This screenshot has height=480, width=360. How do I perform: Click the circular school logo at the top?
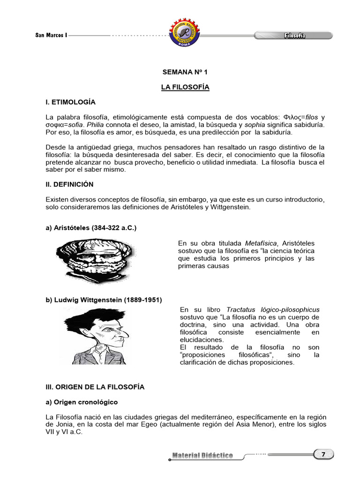[181, 34]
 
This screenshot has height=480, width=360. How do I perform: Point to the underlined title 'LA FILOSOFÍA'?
[185, 87]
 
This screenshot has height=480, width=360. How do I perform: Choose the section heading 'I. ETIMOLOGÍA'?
[70, 102]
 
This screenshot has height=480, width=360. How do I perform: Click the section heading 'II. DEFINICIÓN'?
[69, 184]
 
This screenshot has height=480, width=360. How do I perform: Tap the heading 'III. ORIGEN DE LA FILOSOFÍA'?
[95, 387]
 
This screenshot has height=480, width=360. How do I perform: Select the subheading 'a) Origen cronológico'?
[82, 402]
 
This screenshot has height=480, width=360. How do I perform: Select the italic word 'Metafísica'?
[261, 243]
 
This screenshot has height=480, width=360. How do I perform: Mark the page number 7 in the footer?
[323, 454]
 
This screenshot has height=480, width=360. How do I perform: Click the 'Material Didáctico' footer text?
[202, 456]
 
